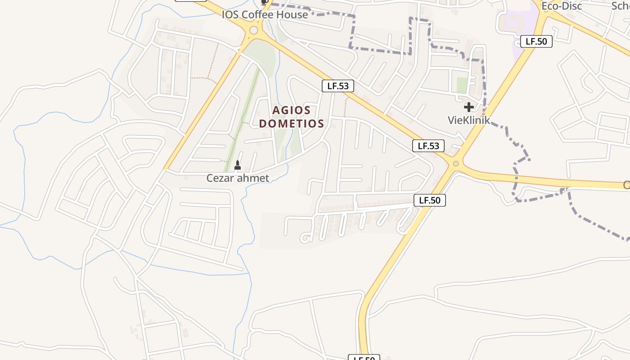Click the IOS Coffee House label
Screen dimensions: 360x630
(x=265, y=14)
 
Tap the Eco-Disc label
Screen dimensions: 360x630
(x=561, y=6)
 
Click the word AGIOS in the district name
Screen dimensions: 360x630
(x=291, y=110)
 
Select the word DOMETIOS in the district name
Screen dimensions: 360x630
(x=291, y=123)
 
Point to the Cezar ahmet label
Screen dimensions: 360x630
(x=238, y=178)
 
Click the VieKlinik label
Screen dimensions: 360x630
(x=468, y=120)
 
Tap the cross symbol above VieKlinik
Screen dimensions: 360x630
(x=468, y=107)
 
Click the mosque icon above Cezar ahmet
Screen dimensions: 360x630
(x=238, y=165)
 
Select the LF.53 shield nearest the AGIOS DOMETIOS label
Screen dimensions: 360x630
(x=337, y=86)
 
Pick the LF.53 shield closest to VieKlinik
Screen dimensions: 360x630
(x=428, y=146)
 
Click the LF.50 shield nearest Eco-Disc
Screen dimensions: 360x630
(x=536, y=41)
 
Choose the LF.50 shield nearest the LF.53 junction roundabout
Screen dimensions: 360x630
(x=429, y=200)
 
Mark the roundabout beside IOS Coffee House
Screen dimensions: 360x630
(x=254, y=31)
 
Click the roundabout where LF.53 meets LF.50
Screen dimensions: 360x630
(x=455, y=164)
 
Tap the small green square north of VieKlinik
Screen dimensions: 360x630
(x=462, y=85)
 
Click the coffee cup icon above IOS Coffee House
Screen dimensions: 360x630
(x=265, y=2)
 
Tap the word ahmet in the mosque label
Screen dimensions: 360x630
(x=253, y=178)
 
